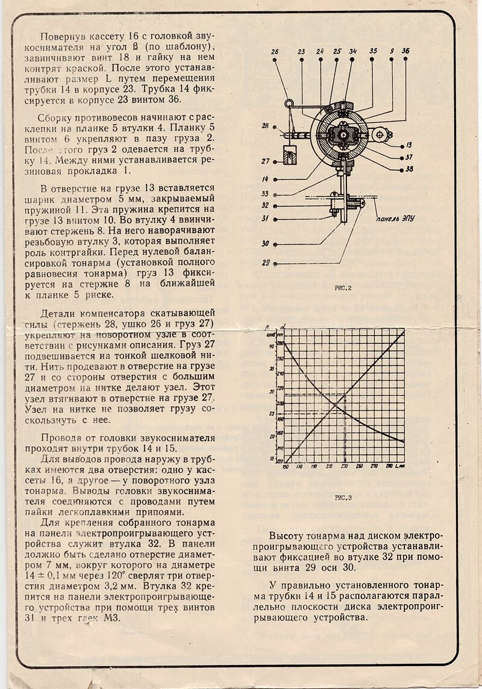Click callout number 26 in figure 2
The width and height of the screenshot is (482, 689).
[275, 52]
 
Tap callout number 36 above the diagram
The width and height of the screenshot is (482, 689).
[405, 52]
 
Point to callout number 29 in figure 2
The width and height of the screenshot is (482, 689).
[266, 263]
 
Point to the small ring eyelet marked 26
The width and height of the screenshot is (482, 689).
[289, 104]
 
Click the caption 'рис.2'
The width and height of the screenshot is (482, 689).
[343, 288]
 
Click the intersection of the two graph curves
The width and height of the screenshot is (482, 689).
[335, 401]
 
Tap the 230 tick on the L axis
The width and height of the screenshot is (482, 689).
[344, 467]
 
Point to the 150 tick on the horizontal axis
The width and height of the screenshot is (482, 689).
[286, 467]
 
